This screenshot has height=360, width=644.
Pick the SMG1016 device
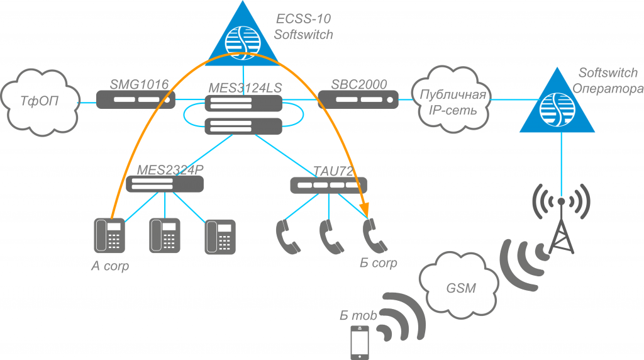(x=136, y=99)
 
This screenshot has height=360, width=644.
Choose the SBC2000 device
(x=358, y=99)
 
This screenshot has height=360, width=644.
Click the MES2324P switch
(x=165, y=184)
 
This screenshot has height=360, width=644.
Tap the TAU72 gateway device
(x=329, y=185)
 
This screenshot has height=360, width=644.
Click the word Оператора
(x=608, y=87)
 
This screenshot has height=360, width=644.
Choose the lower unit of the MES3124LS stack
(x=243, y=126)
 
